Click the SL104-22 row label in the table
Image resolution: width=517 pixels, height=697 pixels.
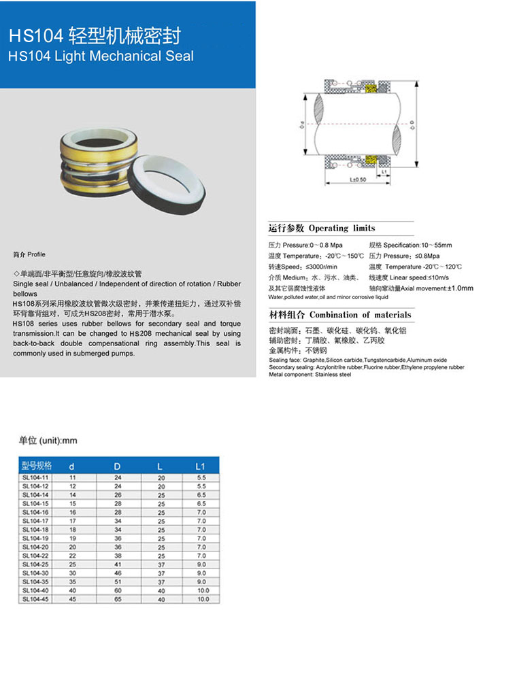pyautogui.click(x=35, y=555)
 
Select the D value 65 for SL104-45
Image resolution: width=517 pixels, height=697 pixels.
pyautogui.click(x=118, y=599)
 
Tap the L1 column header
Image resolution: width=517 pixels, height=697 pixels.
pyautogui.click(x=200, y=466)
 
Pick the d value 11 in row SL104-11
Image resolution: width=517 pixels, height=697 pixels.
pyautogui.click(x=73, y=478)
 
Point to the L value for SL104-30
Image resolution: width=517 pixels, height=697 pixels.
pyautogui.click(x=161, y=573)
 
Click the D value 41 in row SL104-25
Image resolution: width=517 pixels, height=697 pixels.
pyautogui.click(x=118, y=564)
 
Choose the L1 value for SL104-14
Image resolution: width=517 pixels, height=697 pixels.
pyautogui.click(x=201, y=495)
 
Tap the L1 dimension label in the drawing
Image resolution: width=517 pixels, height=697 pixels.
pyautogui.click(x=384, y=173)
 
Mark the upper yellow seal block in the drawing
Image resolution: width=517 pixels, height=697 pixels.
pyautogui.click(x=371, y=88)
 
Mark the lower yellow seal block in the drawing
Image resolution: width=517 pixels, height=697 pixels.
pyautogui.click(x=371, y=160)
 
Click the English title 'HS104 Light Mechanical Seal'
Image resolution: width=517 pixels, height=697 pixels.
pyautogui.click(x=101, y=56)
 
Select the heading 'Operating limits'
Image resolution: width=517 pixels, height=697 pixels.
pyautogui.click(x=341, y=228)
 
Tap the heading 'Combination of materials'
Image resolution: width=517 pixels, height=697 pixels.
pyautogui.click(x=360, y=316)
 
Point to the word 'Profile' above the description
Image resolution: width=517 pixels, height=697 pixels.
pyautogui.click(x=36, y=255)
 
